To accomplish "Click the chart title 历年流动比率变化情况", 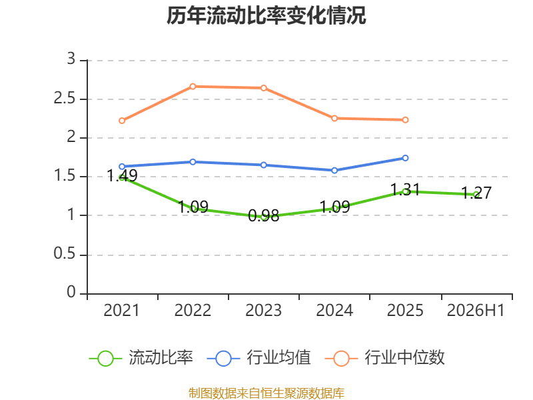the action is [x=266, y=15].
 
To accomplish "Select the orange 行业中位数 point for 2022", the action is [x=193, y=87].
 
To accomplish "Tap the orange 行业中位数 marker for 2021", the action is [x=122, y=121].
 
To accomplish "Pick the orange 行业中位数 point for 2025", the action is [x=405, y=120].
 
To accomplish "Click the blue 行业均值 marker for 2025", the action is [x=405, y=158].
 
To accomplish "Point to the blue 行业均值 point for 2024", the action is [x=334, y=171].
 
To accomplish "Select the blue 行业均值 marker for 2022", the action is [x=193, y=162].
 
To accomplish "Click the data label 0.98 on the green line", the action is [x=263, y=215].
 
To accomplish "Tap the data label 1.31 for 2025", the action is [x=405, y=189].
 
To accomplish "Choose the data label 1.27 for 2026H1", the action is [x=476, y=193].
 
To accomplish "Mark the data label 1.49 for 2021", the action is [x=122, y=175].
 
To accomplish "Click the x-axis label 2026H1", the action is [x=476, y=310].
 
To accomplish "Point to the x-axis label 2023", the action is [x=263, y=310].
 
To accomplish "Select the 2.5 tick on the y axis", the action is [x=65, y=98].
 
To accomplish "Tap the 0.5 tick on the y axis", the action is [x=65, y=254].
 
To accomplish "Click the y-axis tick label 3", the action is [x=71, y=59].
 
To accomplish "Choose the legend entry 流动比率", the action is [x=141, y=358].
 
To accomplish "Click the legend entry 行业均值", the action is [x=259, y=358].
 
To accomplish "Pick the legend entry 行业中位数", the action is [x=385, y=358].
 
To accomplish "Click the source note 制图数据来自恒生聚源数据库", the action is [x=266, y=393].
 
